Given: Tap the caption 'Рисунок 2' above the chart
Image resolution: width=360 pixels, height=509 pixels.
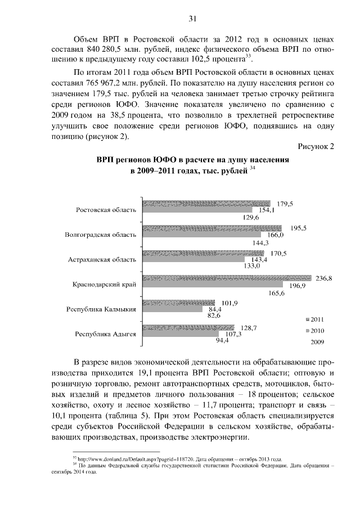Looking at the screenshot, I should (x=316, y=146).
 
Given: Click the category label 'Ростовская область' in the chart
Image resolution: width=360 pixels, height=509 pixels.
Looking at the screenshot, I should (x=106, y=210).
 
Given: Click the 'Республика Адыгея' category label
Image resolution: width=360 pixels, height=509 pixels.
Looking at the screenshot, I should (x=105, y=334).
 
